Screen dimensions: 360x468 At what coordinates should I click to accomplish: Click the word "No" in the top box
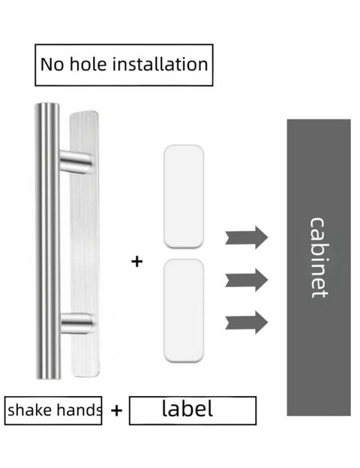pyautogui.click(x=52, y=64)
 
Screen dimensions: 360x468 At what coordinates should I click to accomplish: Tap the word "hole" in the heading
pyautogui.click(x=88, y=64)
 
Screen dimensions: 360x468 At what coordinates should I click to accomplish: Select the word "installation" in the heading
pyautogui.click(x=160, y=64)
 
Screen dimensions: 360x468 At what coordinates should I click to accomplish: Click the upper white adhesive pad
pyautogui.click(x=184, y=196)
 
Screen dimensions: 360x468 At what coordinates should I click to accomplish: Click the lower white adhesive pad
pyautogui.click(x=184, y=310)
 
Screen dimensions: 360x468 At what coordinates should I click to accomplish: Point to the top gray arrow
pyautogui.click(x=246, y=238)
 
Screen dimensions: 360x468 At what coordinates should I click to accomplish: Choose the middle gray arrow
pyautogui.click(x=246, y=280)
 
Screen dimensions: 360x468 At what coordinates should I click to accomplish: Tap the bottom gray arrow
pyautogui.click(x=246, y=322)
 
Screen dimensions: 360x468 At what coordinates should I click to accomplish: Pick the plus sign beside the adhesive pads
pyautogui.click(x=137, y=262)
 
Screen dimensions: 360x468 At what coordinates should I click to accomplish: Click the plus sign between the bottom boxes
pyautogui.click(x=116, y=410)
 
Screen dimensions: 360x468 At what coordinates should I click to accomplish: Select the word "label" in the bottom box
pyautogui.click(x=187, y=408)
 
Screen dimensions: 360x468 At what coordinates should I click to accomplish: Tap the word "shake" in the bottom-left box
pyautogui.click(x=29, y=409)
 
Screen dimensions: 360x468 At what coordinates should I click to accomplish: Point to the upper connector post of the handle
pyautogui.click(x=75, y=162)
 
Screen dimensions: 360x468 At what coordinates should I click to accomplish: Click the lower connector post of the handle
pyautogui.click(x=76, y=323)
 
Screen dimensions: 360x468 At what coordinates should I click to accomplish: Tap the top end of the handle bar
pyautogui.click(x=47, y=104)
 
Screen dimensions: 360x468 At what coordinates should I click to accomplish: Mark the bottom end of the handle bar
pyautogui.click(x=48, y=377)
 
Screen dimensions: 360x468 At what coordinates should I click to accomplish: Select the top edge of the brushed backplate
pyautogui.click(x=83, y=112)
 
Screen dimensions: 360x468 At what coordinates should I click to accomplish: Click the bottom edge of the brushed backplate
pyautogui.click(x=85, y=376)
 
